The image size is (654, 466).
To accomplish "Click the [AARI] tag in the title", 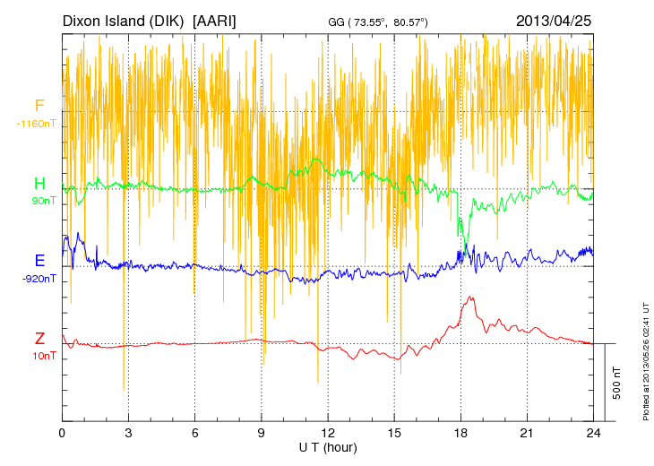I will point(215,20).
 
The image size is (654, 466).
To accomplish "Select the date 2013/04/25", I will point(554,20).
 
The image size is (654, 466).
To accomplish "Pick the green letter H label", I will point(39,185).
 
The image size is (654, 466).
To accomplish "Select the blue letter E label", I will point(39,261).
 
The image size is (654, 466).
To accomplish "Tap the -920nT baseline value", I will point(39,279).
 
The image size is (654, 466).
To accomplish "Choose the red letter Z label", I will point(39,339).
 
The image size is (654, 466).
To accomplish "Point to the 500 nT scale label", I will point(617,383).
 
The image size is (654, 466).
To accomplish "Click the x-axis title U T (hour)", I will point(328,446).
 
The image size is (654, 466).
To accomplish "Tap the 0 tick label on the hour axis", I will point(62,433).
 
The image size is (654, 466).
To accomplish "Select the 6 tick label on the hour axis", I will point(194,433).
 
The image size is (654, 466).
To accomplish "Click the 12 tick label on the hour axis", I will point(328,433).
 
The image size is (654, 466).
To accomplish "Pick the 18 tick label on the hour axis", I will point(460,433).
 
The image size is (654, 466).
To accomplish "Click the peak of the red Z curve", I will point(469,297).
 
